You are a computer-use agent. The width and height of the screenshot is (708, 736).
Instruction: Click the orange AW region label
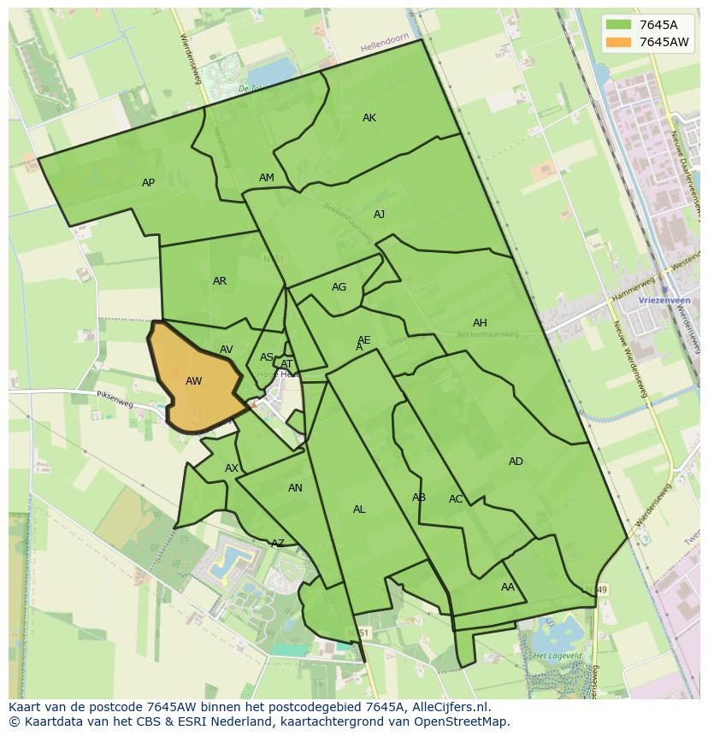[194, 381]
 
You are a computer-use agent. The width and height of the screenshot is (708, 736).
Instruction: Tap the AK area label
[369, 118]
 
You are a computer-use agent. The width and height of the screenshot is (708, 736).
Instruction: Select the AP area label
[149, 183]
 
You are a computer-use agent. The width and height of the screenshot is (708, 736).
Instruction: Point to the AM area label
[267, 178]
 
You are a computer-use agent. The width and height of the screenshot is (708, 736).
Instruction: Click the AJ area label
[379, 215]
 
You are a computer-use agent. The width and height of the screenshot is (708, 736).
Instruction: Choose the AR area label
[220, 281]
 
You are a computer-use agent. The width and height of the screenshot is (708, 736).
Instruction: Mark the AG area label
[339, 287]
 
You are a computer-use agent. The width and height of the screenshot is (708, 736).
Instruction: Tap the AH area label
[480, 323]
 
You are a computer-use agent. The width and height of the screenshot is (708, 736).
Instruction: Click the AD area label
[516, 462]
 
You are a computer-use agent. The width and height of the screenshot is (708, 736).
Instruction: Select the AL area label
[359, 509]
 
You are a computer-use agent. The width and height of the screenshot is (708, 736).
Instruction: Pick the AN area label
[295, 488]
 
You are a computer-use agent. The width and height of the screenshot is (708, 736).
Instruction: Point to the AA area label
[508, 587]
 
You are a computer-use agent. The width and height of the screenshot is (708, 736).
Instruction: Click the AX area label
[232, 468]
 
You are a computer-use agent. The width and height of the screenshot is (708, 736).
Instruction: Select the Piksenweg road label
[116, 397]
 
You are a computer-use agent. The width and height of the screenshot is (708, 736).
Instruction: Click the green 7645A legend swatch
[618, 24]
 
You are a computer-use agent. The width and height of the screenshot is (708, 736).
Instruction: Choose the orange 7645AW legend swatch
[618, 42]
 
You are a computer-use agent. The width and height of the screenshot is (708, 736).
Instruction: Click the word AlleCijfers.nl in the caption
[451, 707]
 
